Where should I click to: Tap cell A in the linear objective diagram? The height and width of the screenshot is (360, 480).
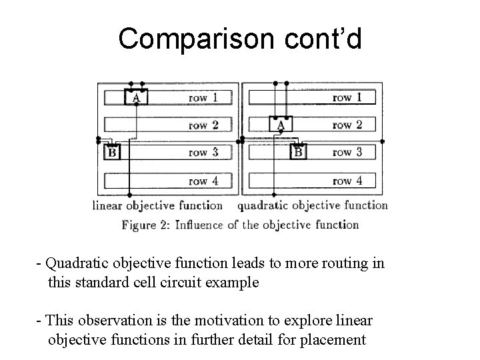(x=136, y=97)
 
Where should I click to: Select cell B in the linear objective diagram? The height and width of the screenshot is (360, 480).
(x=111, y=153)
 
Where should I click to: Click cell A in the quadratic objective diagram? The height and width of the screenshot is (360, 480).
(x=281, y=125)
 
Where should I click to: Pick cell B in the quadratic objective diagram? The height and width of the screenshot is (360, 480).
(x=298, y=153)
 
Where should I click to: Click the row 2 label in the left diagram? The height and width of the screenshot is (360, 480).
(x=203, y=125)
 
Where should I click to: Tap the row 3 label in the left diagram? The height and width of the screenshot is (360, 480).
(x=203, y=153)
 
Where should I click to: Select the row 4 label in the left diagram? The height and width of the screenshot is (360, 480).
(x=203, y=181)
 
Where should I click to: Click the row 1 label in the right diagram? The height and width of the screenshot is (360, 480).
(x=347, y=97)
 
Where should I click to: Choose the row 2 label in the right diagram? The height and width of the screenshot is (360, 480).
(x=347, y=125)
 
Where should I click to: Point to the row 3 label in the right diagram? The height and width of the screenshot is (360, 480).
(x=347, y=153)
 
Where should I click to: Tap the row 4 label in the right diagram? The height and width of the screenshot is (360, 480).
(x=347, y=181)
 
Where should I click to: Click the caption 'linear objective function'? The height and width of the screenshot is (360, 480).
(x=157, y=205)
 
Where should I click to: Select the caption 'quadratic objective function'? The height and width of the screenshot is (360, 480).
(x=313, y=205)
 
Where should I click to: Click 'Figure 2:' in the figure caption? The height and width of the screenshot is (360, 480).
(x=145, y=225)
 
